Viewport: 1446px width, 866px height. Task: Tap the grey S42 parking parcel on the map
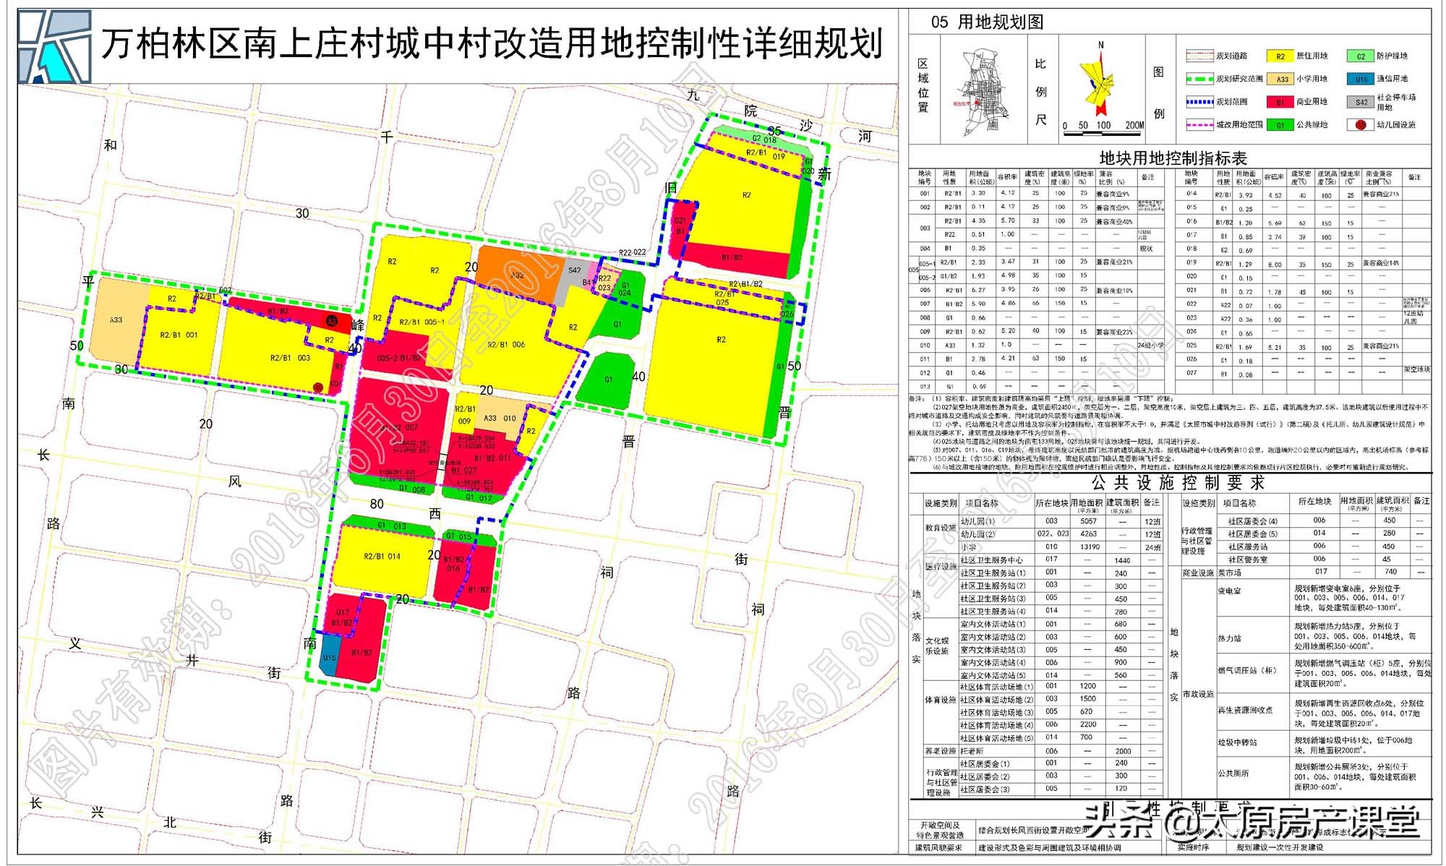pyautogui.click(x=573, y=278)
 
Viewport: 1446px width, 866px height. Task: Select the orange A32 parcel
pyautogui.click(x=518, y=275)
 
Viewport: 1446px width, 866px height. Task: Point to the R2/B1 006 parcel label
pyautogui.click(x=505, y=345)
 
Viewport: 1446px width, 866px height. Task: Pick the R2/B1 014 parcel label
pyautogui.click(x=382, y=557)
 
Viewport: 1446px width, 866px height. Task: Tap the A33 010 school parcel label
pyautogui.click(x=500, y=419)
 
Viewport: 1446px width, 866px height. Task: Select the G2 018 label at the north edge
pyautogui.click(x=763, y=140)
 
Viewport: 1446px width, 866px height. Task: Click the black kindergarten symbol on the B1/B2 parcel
pyautogui.click(x=332, y=321)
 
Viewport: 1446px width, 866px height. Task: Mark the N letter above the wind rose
pyautogui.click(x=1101, y=45)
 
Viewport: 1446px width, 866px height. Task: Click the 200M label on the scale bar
pyautogui.click(x=1134, y=125)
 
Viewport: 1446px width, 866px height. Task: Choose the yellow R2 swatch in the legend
pyautogui.click(x=1280, y=56)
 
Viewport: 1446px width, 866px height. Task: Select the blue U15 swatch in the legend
pyautogui.click(x=1361, y=79)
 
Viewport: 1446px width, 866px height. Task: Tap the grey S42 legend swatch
pyautogui.click(x=1361, y=102)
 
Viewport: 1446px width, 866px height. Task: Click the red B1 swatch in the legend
pyautogui.click(x=1280, y=102)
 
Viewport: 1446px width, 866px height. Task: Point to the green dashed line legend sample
pyautogui.click(x=1199, y=79)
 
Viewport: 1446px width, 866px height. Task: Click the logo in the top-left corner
pyautogui.click(x=55, y=46)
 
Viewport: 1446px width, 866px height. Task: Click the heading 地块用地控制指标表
pyautogui.click(x=1173, y=158)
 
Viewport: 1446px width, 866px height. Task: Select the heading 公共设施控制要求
pyautogui.click(x=1178, y=482)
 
